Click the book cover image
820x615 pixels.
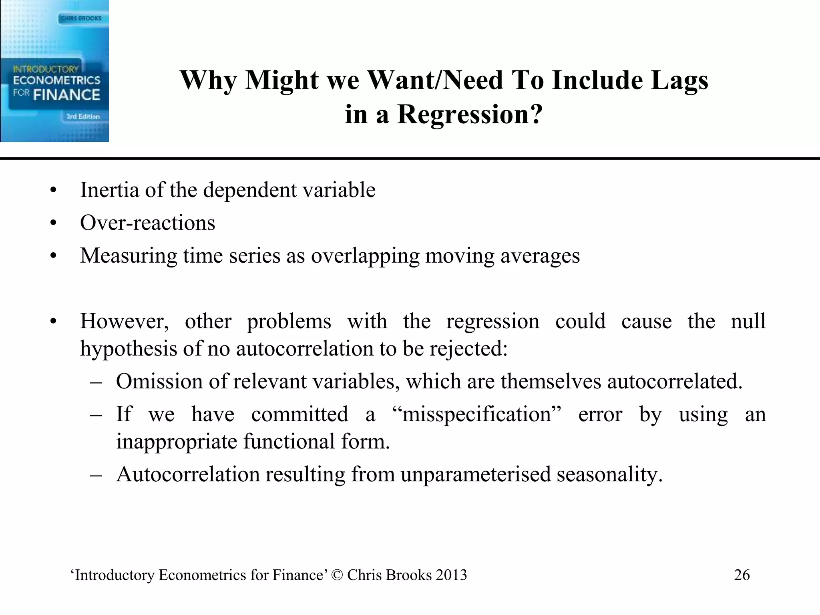click(54, 70)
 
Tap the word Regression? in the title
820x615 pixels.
click(470, 115)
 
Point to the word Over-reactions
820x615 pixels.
click(147, 223)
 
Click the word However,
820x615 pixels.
click(124, 322)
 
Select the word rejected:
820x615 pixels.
click(468, 349)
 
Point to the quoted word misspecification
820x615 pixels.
click(477, 414)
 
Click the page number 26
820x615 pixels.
click(742, 575)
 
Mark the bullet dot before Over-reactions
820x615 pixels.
click(54, 223)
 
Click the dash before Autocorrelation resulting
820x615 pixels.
click(96, 475)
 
